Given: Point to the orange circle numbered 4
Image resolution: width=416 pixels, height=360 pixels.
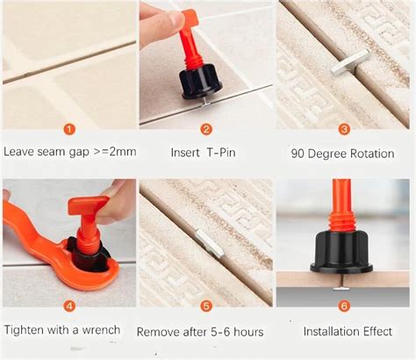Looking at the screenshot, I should click(x=68, y=306).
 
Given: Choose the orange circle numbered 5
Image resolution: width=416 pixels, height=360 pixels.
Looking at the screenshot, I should click(x=207, y=306).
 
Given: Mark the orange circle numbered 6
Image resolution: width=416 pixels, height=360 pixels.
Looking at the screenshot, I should click(x=345, y=306).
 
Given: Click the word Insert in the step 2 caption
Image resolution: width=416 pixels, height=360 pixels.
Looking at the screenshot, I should click(x=188, y=152).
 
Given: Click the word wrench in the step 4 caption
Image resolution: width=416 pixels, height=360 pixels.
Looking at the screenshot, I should click(x=110, y=330).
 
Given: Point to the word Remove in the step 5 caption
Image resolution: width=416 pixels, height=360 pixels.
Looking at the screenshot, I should click(x=159, y=332).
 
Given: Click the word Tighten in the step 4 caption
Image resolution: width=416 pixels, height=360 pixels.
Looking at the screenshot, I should click(x=25, y=330).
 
